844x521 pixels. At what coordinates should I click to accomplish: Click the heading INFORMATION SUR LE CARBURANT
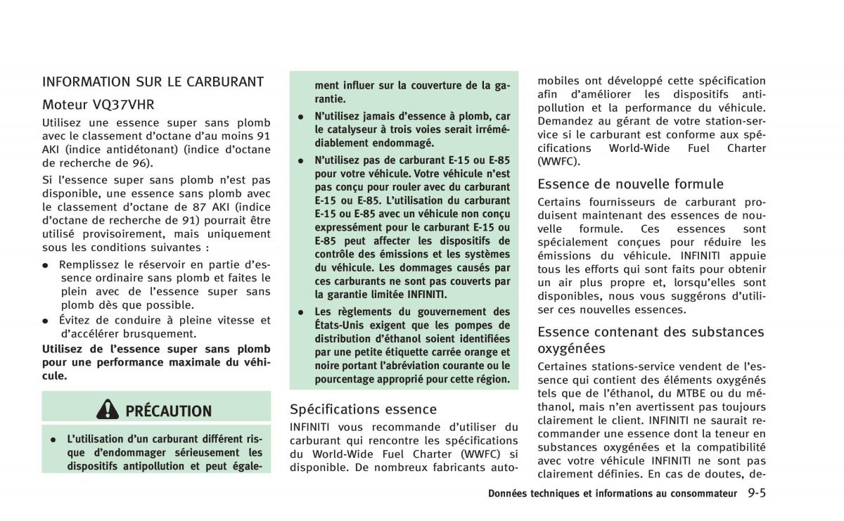153,82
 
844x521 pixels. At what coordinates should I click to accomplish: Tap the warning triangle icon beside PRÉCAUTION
109,411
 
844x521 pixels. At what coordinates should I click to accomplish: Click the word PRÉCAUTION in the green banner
168,411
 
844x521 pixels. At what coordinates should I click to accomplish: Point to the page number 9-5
757,493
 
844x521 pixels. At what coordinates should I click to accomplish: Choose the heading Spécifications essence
363,409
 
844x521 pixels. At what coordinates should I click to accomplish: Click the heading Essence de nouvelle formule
630,184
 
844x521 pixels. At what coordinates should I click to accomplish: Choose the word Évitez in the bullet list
77,321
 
